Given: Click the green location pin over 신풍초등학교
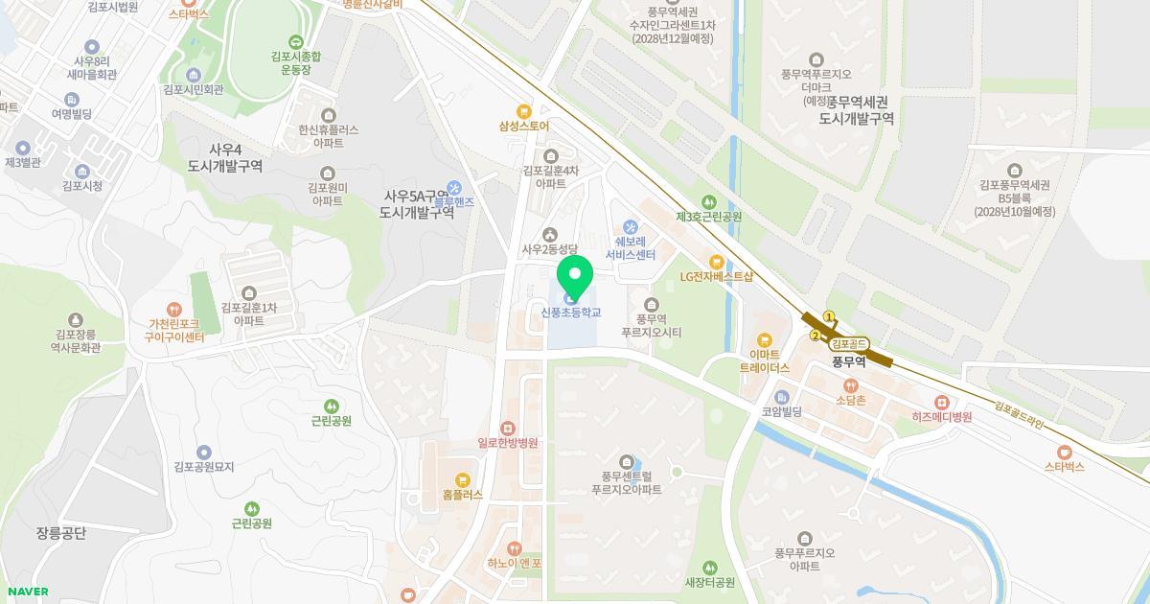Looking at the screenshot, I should point(575,277).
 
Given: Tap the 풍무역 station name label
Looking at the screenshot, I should point(848,361).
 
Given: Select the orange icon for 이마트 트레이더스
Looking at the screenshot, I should point(764,339).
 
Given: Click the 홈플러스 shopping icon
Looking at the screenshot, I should point(463,479).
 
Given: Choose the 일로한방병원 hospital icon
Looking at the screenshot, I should point(507,428).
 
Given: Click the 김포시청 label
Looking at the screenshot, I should point(81,186).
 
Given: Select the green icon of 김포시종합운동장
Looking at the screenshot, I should point(295,41).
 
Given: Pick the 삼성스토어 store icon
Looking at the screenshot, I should point(523,110).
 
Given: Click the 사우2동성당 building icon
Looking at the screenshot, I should point(550,234).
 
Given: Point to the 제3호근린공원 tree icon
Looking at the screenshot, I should point(708,201).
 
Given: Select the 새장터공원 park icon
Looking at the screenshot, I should point(709,568).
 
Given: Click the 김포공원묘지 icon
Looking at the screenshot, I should point(203,452).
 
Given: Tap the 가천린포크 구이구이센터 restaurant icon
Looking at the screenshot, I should point(174,309).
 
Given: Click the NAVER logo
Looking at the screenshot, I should point(26,592).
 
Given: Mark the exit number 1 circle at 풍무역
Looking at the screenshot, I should point(830,316).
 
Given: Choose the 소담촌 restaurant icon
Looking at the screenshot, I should point(850,384).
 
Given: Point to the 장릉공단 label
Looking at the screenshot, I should point(61,533).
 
